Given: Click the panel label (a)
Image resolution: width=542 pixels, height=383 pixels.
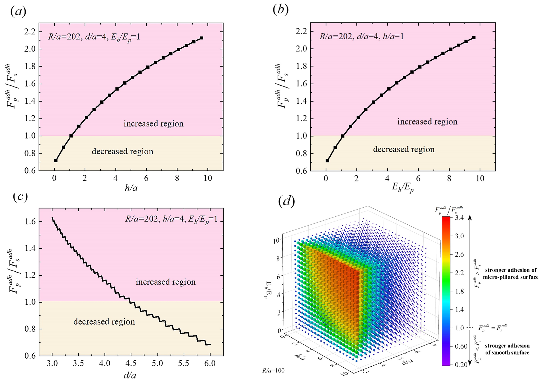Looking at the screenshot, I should tap(18, 11).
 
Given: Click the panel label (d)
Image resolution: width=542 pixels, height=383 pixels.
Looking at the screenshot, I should tap(286, 201).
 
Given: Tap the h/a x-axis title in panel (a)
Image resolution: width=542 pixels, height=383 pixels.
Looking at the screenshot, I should tap(131, 188).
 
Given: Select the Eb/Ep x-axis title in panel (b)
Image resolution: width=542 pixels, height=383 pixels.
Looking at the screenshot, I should tap(403, 188).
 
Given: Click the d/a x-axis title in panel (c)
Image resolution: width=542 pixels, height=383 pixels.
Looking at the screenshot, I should tap(130, 375).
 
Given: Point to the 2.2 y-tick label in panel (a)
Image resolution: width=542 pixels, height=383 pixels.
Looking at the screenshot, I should tap(29, 31).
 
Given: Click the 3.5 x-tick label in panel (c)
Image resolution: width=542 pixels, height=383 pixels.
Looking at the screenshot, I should tap(78, 364).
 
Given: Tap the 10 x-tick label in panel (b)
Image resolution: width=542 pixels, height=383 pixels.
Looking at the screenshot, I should tap(480, 179).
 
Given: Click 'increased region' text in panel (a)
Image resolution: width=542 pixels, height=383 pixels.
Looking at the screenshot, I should tap(154, 124).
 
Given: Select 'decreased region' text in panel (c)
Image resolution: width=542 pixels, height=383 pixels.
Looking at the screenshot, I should tap(104, 322).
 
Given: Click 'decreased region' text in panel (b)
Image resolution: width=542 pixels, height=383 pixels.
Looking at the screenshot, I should tap(404, 149).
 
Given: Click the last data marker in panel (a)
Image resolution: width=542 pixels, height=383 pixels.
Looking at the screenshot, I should tap(202, 38).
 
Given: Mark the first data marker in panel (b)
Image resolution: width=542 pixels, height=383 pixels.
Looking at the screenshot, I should tap(328, 161).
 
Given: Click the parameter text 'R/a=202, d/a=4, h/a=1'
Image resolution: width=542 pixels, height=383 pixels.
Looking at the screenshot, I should tap(361, 36).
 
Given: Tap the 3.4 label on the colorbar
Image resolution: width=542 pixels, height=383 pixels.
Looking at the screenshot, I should tap(460, 218).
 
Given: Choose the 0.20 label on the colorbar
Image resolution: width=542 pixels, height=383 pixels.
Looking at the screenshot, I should tap(460, 365).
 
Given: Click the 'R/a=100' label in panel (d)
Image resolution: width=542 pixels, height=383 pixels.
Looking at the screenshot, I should tap(273, 370).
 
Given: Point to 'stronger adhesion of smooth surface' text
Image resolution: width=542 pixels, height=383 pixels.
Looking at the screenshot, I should tap(507, 349).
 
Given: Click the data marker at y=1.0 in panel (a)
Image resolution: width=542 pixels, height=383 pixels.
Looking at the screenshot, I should tap(71, 136).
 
